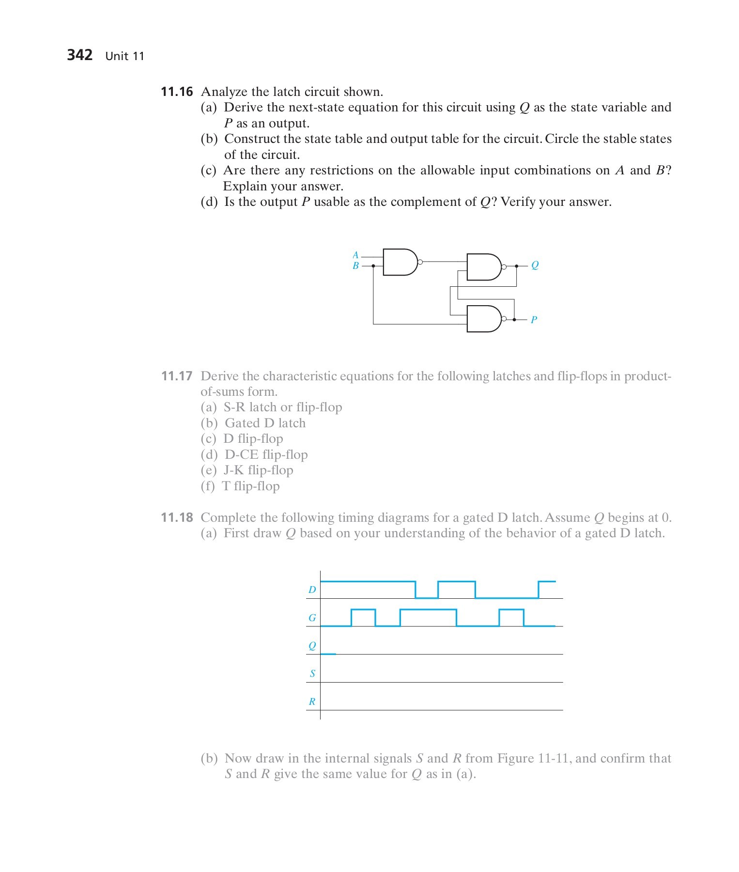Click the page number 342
click(79, 55)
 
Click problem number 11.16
click(177, 92)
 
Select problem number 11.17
click(177, 376)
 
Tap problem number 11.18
click(177, 517)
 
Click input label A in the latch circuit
click(355, 255)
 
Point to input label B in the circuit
click(355, 266)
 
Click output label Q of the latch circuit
click(535, 265)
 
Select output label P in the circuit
click(534, 320)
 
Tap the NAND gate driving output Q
click(483, 266)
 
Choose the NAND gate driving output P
click(483, 319)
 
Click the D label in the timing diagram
click(312, 590)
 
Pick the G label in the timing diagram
click(312, 618)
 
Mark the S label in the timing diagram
click(312, 673)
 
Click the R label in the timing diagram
click(312, 701)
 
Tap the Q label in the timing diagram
click(312, 646)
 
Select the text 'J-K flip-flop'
click(258, 470)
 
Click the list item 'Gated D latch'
click(265, 423)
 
